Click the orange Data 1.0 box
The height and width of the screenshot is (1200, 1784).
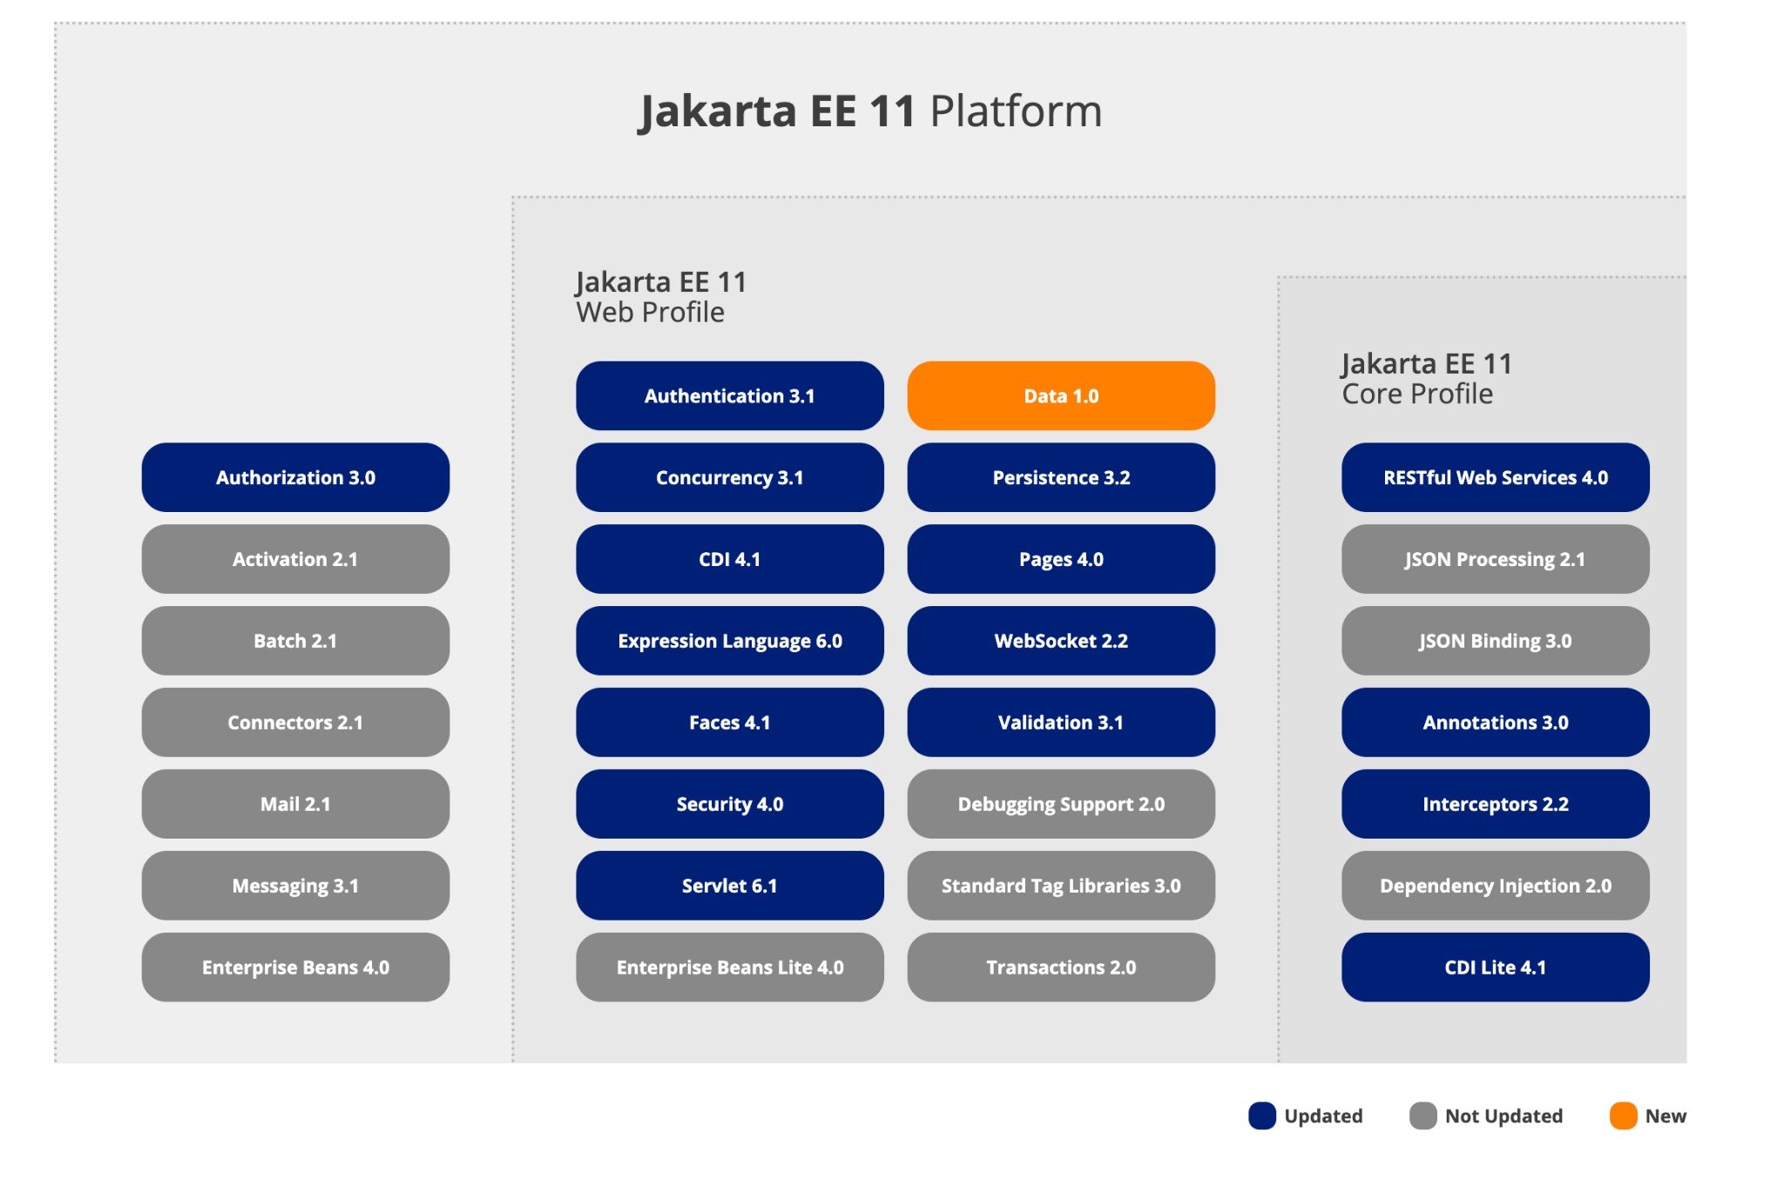pos(1061,395)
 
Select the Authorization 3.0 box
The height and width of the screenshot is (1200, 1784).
pos(295,477)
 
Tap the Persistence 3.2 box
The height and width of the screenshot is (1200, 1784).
pos(1061,477)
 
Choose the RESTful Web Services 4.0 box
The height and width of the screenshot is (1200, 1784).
pos(1495,477)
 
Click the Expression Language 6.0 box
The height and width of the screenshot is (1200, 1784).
pos(730,641)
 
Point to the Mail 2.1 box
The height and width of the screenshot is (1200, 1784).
pos(295,804)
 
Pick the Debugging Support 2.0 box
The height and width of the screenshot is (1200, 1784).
pos(1061,804)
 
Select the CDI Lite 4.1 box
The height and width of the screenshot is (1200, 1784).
pos(1495,967)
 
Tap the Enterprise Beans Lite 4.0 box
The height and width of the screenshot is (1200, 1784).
pos(730,967)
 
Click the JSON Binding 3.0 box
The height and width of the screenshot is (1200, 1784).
pos(1495,641)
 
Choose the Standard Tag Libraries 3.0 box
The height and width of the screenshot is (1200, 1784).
pos(1061,886)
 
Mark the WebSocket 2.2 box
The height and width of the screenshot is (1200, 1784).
pos(1061,641)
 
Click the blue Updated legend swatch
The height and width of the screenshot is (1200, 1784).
pos(1262,1116)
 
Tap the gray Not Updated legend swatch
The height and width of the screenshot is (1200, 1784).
pos(1423,1116)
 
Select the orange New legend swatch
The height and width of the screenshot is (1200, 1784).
pos(1624,1116)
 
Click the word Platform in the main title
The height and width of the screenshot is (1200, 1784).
pos(1016,111)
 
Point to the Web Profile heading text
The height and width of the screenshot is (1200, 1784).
pos(650,312)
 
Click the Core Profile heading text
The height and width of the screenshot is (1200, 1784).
pos(1417,394)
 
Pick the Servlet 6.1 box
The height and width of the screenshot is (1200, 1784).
pos(730,886)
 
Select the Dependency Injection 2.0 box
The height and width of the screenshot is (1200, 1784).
pos(1495,886)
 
